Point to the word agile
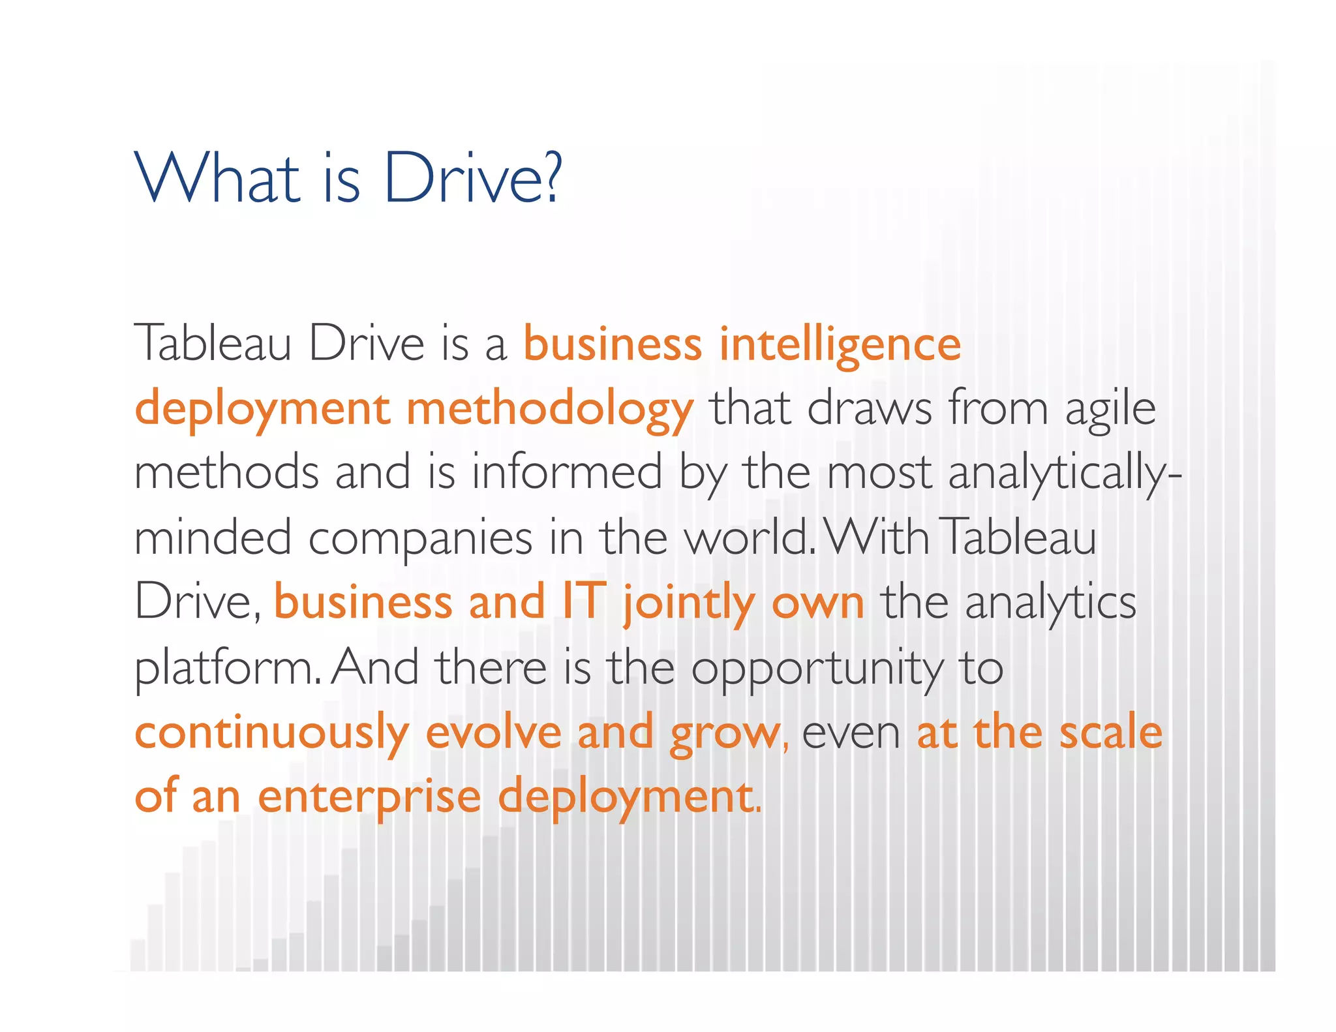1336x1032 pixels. pyautogui.click(x=1110, y=410)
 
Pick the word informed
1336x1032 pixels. pyautogui.click(x=566, y=472)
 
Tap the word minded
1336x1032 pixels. pyautogui.click(x=213, y=538)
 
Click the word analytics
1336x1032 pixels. pyautogui.click(x=1050, y=602)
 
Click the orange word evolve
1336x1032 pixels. pyautogui.click(x=493, y=732)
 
